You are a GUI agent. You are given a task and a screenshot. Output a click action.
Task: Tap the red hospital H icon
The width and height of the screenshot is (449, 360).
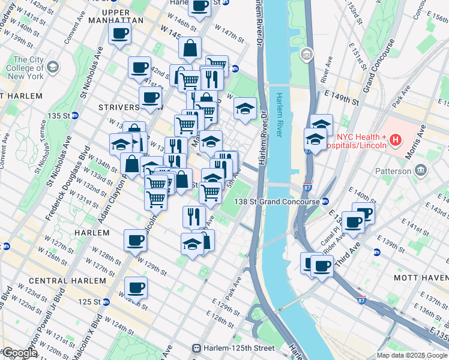click(x=395, y=141)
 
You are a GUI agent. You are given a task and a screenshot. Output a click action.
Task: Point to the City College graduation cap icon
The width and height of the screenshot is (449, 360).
click(x=53, y=67)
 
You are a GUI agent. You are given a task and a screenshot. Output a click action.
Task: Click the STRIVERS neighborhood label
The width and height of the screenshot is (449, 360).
click(x=118, y=107)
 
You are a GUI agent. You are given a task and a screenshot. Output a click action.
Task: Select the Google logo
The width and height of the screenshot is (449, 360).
click(x=19, y=353)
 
